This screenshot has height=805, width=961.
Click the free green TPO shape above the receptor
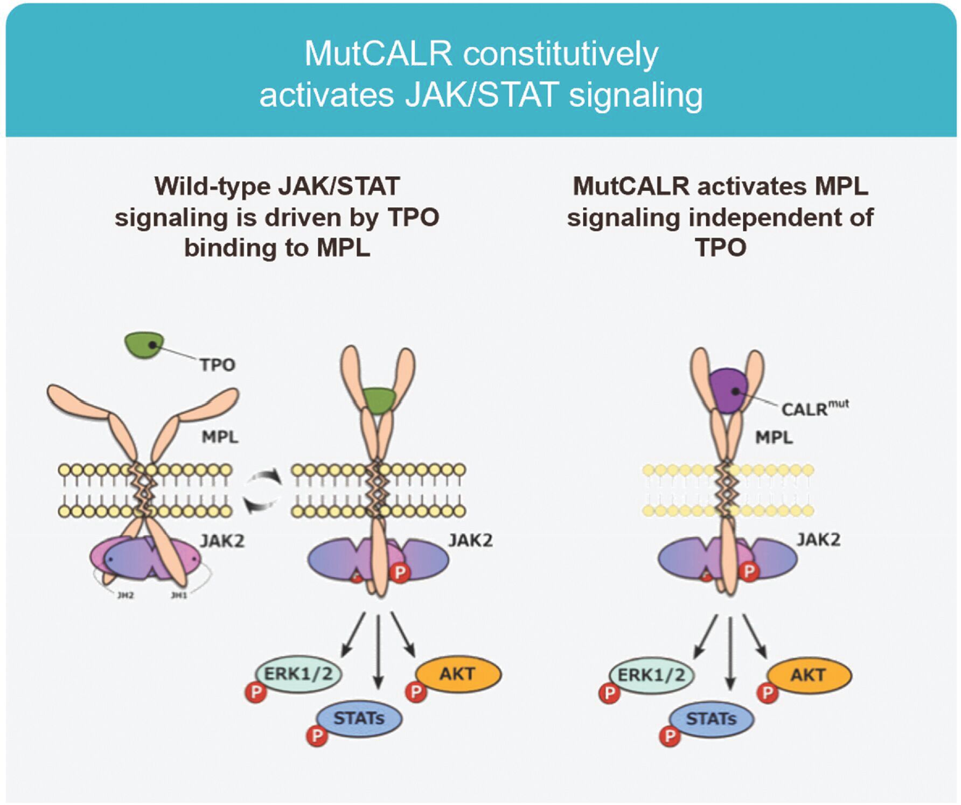(x=143, y=345)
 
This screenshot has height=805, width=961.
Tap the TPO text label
(x=217, y=365)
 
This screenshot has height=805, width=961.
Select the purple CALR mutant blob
(x=728, y=390)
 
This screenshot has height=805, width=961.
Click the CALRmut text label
(x=814, y=408)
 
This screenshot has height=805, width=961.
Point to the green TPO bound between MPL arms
(x=379, y=400)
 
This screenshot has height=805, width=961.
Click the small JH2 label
(x=125, y=595)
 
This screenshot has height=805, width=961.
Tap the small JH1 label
(x=179, y=595)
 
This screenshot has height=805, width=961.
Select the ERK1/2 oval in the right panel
(x=651, y=675)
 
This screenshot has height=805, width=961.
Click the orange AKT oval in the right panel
(x=809, y=675)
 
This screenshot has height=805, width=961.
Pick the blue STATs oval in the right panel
(x=711, y=719)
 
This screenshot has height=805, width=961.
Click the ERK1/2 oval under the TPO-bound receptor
(x=298, y=674)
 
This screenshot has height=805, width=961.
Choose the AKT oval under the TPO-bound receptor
(x=458, y=674)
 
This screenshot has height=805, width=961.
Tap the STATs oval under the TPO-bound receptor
(x=359, y=718)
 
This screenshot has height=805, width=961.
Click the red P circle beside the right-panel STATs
(x=670, y=736)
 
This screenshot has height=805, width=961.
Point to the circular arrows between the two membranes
(x=262, y=491)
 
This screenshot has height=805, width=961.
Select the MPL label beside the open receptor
(x=220, y=437)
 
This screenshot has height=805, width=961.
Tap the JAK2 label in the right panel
(x=818, y=540)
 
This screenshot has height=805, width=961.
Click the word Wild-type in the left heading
(x=213, y=187)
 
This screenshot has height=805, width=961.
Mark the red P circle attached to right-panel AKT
(x=767, y=692)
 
